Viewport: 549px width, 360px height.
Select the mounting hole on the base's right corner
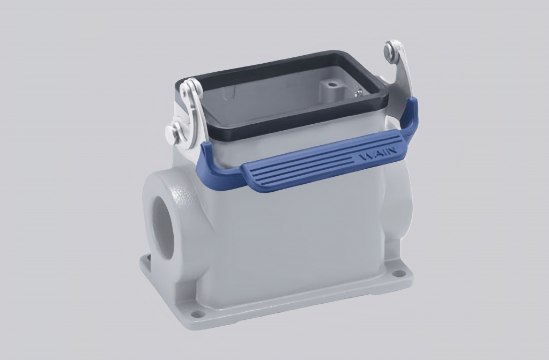398,274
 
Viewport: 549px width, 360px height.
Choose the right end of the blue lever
412,115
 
